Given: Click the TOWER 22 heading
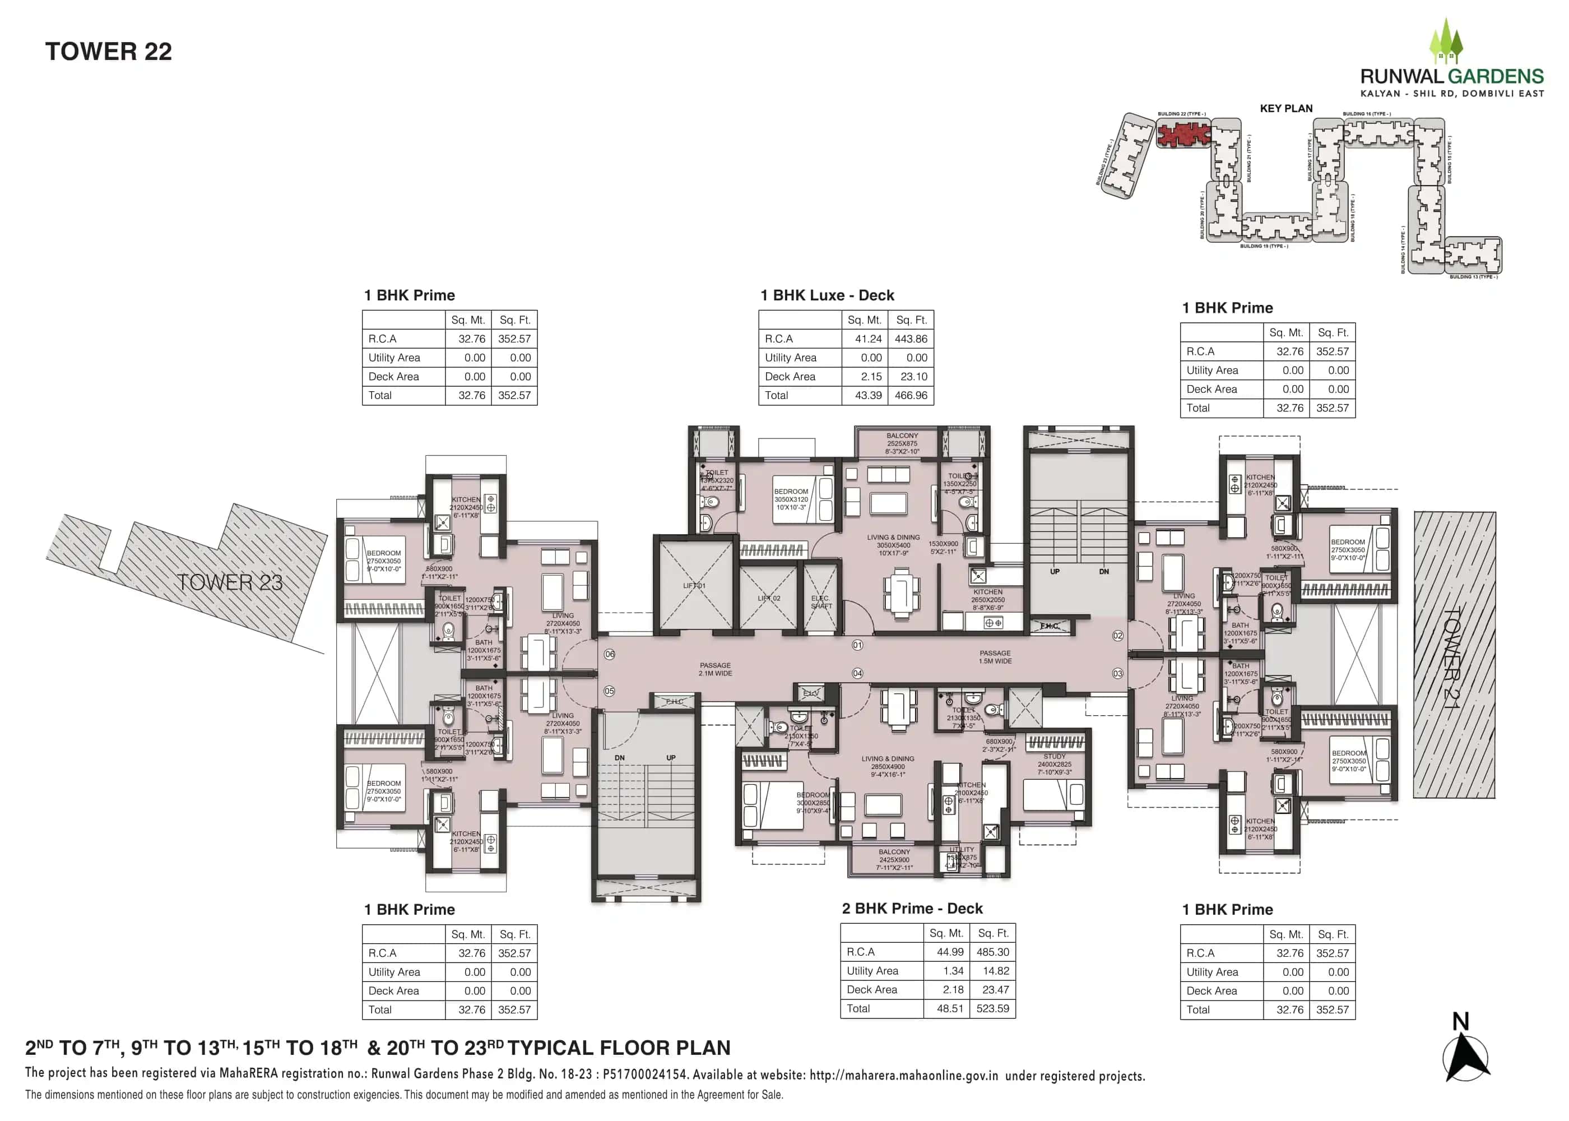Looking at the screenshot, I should tap(108, 52).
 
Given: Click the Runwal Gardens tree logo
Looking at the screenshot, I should tap(1446, 41).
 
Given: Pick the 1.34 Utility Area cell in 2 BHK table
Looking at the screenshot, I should tap(953, 971).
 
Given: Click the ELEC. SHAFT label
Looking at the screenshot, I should tap(820, 602).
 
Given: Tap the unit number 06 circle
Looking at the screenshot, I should tap(609, 654).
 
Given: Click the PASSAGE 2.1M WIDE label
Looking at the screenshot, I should tap(715, 669).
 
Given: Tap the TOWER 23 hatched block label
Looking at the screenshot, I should tap(229, 582).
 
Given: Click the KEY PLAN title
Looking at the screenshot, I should tap(1285, 108).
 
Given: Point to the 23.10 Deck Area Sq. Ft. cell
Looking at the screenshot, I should tap(913, 377).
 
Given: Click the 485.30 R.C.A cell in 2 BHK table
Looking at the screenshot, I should tap(992, 952).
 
